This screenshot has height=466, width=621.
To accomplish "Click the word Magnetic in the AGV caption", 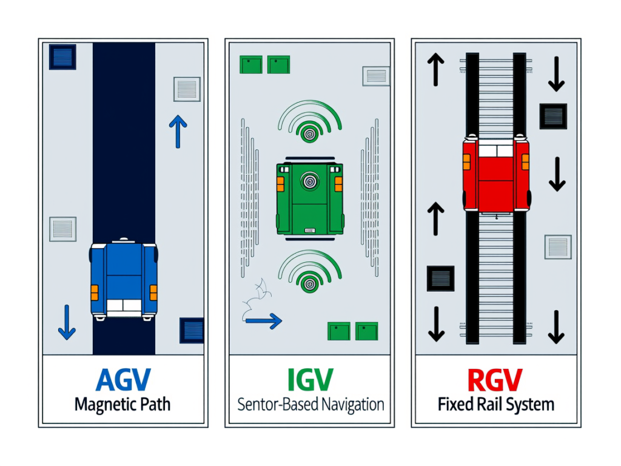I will pyautogui.click(x=102, y=405).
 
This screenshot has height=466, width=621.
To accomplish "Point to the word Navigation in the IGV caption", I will pyautogui.click(x=346, y=404).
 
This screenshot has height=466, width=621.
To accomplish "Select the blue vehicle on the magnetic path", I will pyautogui.click(x=124, y=279).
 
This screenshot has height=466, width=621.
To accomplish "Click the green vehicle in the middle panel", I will pyautogui.click(x=310, y=198).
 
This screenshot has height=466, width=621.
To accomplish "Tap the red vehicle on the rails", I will pyautogui.click(x=495, y=175).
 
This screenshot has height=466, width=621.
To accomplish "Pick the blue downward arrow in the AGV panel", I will pyautogui.click(x=67, y=322).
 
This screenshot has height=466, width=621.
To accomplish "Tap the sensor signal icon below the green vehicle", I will pyautogui.click(x=310, y=272).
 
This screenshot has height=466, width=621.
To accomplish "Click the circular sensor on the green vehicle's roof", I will pyautogui.click(x=310, y=180).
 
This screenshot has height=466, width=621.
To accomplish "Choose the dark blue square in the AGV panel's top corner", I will pyautogui.click(x=62, y=57).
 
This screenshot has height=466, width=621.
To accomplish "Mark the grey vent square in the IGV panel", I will pyautogui.click(x=375, y=76).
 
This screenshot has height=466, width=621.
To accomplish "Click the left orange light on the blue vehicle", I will pyautogui.click(x=95, y=292).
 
